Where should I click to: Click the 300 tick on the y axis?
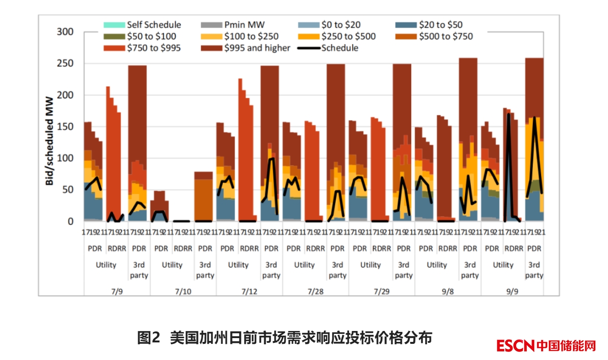coord(65,32)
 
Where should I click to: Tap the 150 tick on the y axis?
coord(65,126)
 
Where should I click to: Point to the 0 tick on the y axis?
coord(70,222)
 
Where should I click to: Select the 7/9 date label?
coord(117,292)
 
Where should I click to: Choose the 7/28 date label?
coord(315,292)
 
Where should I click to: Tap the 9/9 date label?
coord(512,292)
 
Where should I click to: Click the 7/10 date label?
coord(183,292)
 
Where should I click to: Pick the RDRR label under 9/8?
coord(447,248)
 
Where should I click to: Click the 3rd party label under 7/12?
coord(271,270)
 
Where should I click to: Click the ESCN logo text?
coord(515,346)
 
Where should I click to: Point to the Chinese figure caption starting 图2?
coord(284,338)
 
